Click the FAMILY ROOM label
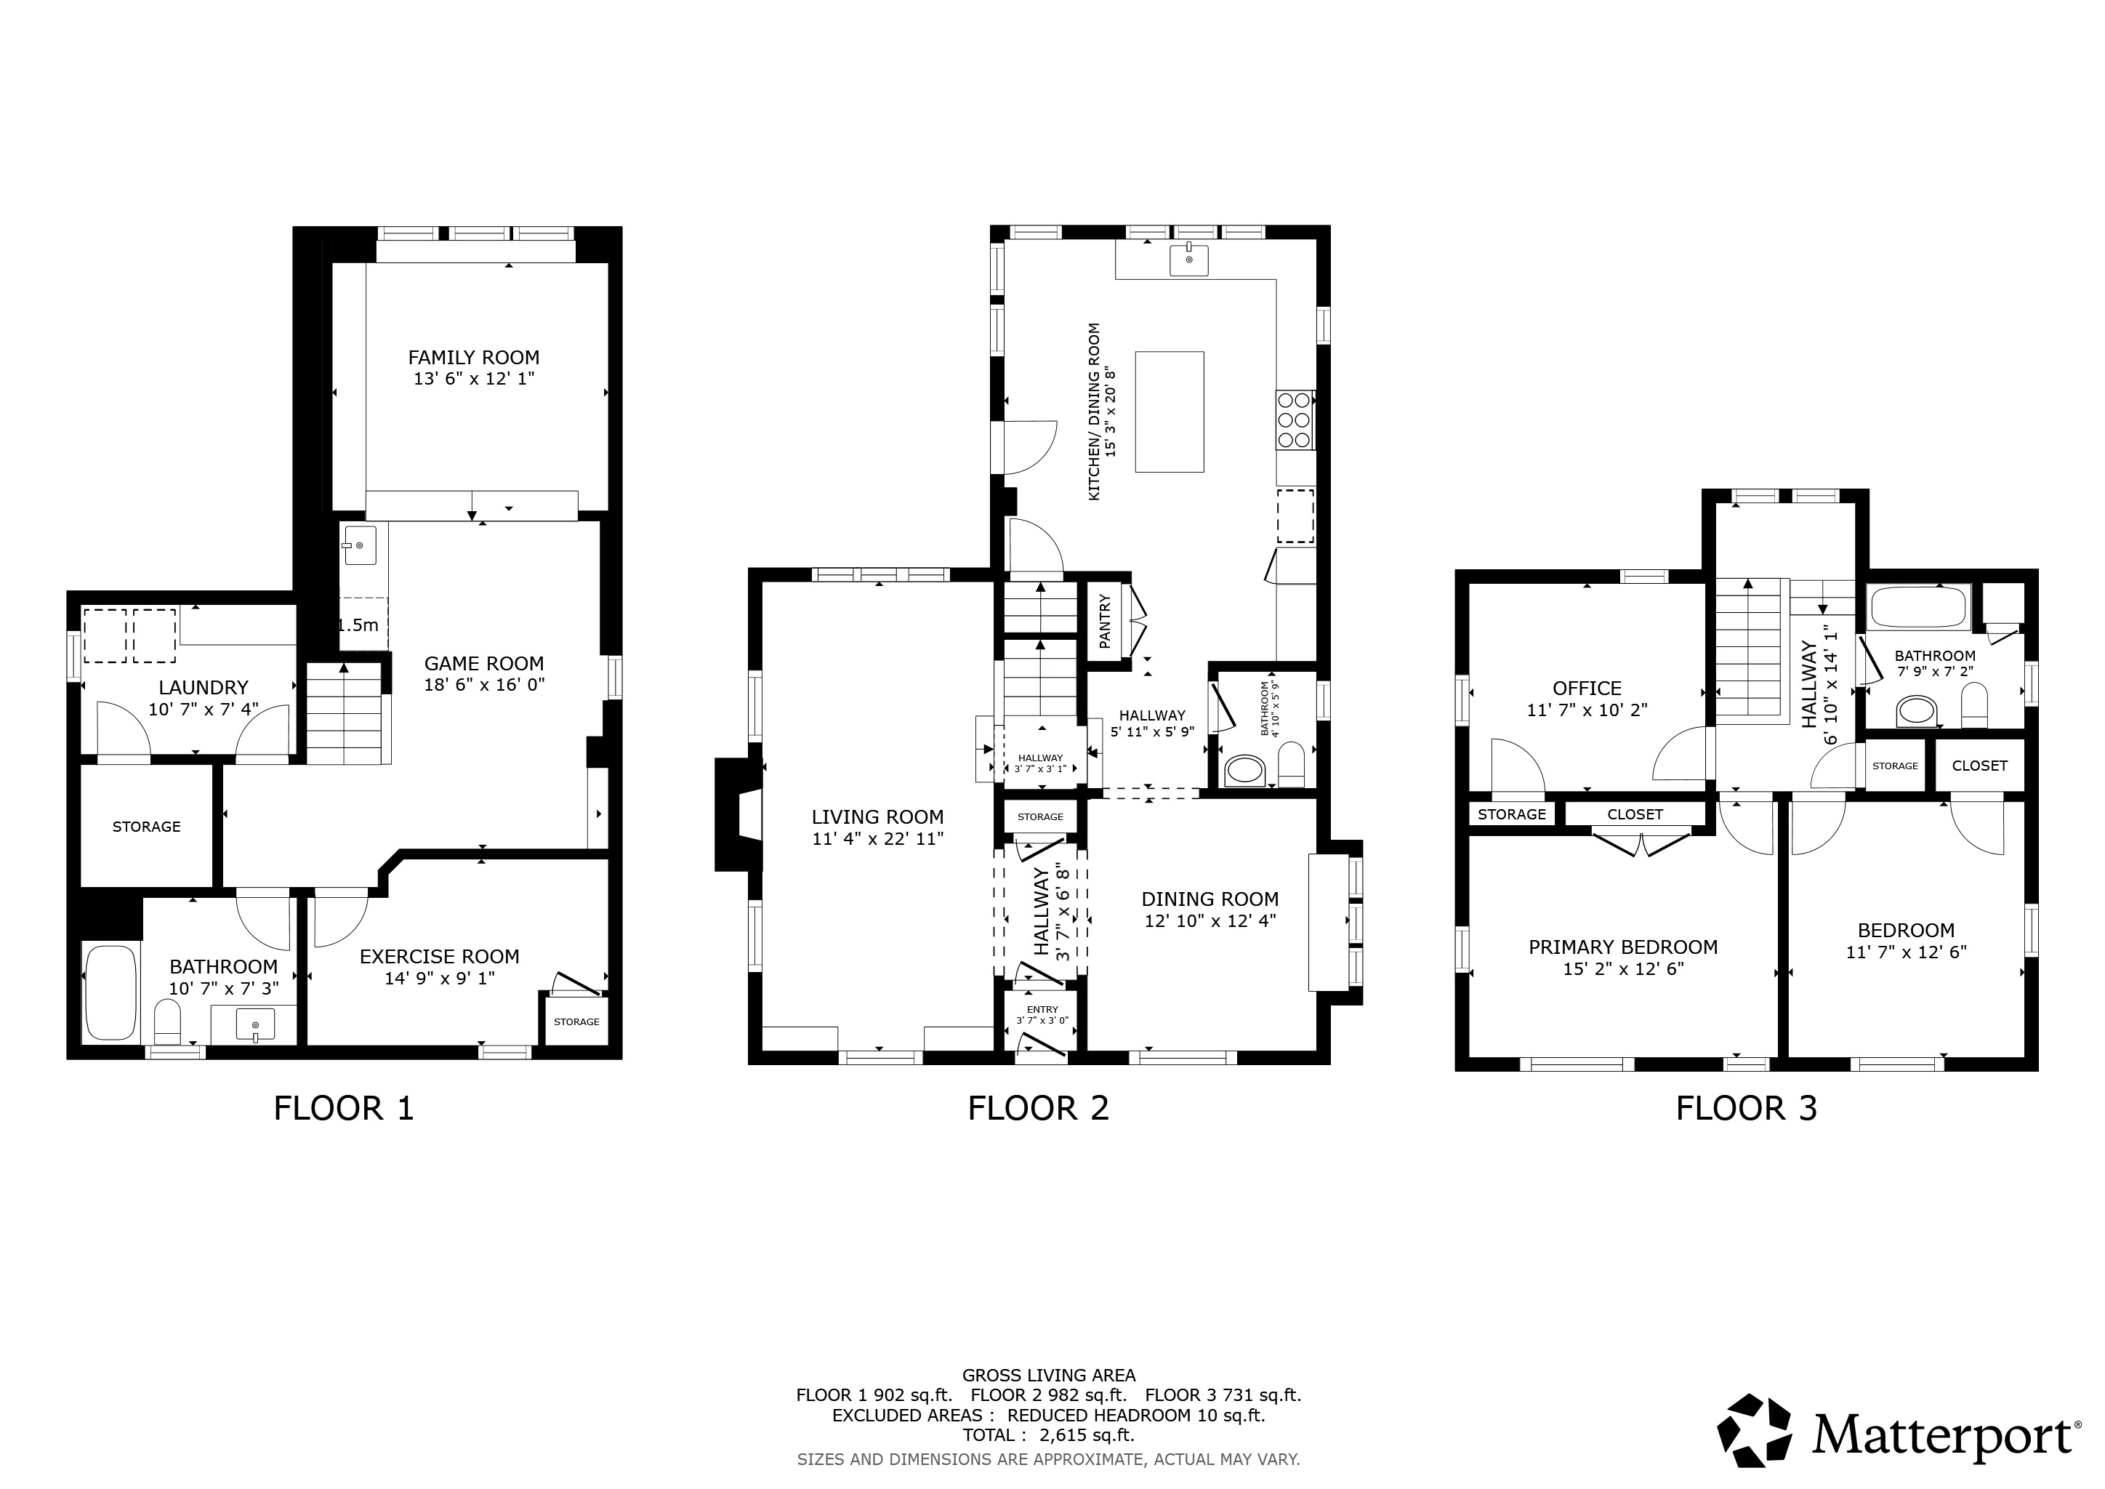pyautogui.click(x=473, y=358)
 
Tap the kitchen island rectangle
pyautogui.click(x=1169, y=412)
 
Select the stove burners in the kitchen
pyautogui.click(x=1294, y=420)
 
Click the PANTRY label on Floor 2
pyautogui.click(x=1104, y=621)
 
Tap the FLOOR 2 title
pyautogui.click(x=1038, y=1109)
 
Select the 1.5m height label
pyautogui.click(x=358, y=625)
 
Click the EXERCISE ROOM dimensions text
pyautogui.click(x=439, y=979)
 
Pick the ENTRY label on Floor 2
pyautogui.click(x=1042, y=1009)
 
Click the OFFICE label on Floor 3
pyautogui.click(x=1587, y=689)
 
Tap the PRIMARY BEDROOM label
pyautogui.click(x=1623, y=947)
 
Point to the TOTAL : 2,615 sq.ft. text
pyautogui.click(x=1048, y=1435)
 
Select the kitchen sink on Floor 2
pyautogui.click(x=1188, y=260)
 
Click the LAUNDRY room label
pyautogui.click(x=203, y=688)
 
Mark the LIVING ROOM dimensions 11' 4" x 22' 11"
pyautogui.click(x=877, y=838)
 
